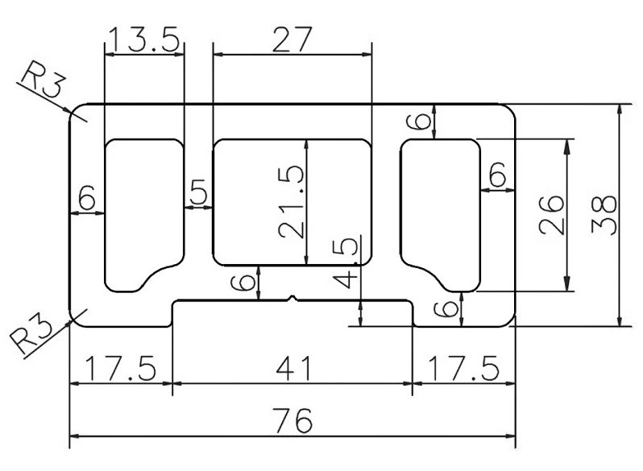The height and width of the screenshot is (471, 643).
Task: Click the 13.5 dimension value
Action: pyautogui.click(x=143, y=39)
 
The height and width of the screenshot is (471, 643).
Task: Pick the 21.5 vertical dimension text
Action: pyautogui.click(x=292, y=201)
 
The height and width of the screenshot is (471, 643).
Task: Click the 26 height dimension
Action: pyautogui.click(x=553, y=214)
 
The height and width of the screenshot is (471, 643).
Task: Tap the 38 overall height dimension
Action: pyautogui.click(x=604, y=214)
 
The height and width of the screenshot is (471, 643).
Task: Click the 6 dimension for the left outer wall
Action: pyautogui.click(x=87, y=196)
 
